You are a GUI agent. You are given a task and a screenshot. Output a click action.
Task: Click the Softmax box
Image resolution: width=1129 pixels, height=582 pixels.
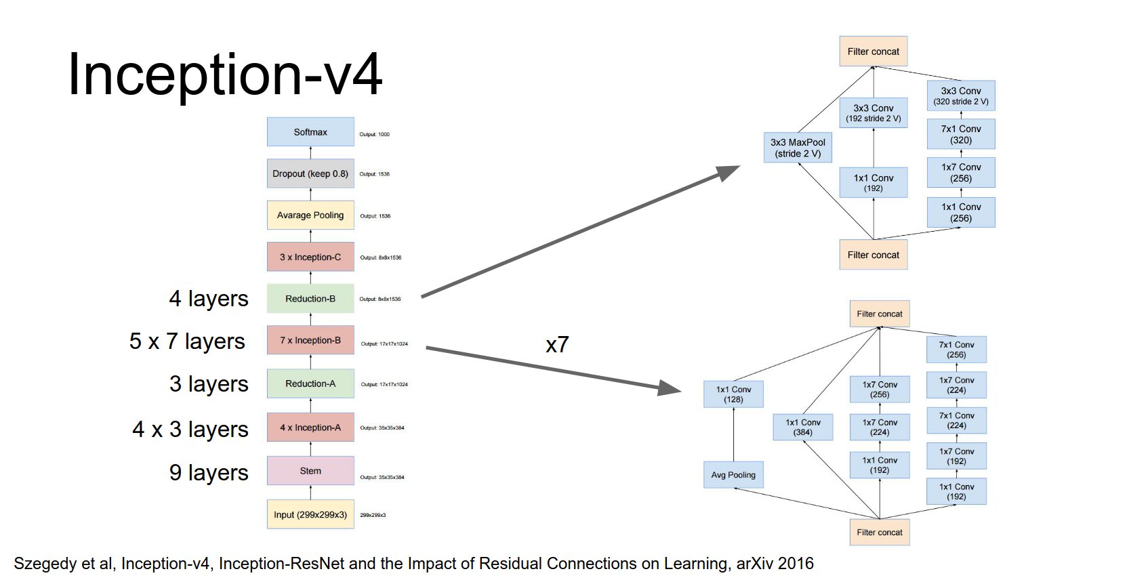(310, 132)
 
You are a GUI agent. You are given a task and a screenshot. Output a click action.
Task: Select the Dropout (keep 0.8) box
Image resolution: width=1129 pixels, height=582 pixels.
(310, 173)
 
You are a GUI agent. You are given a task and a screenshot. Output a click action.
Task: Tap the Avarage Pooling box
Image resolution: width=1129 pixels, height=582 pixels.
(310, 215)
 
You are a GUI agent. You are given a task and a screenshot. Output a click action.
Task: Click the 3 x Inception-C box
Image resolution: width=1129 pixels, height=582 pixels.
(310, 257)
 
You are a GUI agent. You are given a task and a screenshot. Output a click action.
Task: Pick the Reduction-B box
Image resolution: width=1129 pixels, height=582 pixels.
(310, 299)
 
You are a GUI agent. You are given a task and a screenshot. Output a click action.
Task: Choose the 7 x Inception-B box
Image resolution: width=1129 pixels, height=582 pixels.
(310, 340)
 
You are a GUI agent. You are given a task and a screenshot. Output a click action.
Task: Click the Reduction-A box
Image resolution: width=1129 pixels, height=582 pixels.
(310, 383)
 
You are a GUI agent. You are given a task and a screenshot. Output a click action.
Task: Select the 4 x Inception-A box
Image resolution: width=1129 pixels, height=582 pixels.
(310, 428)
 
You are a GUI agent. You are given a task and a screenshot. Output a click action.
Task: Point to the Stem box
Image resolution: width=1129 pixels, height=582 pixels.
(310, 471)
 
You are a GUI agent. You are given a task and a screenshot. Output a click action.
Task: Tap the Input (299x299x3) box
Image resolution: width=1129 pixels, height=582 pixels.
(310, 515)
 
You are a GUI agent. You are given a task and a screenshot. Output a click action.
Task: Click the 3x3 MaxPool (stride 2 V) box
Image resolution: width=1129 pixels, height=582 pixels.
(798, 148)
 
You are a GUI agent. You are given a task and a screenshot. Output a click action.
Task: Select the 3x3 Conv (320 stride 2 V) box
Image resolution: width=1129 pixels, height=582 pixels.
(961, 96)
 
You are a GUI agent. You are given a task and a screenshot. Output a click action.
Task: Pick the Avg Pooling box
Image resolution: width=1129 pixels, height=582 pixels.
(733, 475)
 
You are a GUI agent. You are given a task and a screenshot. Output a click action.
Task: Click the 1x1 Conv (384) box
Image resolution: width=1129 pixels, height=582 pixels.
(803, 427)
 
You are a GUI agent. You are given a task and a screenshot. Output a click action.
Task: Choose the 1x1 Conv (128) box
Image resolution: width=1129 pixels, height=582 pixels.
(733, 394)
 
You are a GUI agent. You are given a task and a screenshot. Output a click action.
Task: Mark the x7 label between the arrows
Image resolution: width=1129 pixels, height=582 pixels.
(557, 345)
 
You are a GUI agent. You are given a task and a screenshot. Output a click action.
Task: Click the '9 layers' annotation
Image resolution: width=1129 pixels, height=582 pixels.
(209, 472)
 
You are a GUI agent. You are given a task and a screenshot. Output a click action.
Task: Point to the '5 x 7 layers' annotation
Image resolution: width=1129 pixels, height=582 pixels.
(187, 341)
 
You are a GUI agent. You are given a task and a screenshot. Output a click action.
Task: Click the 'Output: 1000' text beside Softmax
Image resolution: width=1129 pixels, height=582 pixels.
(375, 134)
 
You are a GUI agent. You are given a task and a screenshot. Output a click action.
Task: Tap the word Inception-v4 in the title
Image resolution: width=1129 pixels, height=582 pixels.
(225, 75)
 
